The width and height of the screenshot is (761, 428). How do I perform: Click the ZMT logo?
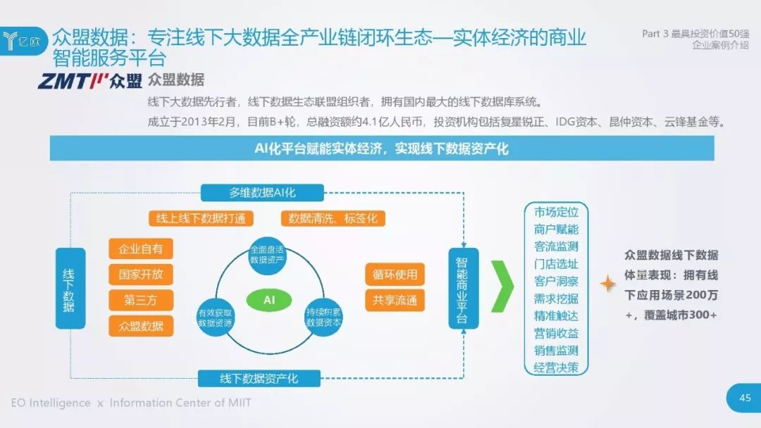90,82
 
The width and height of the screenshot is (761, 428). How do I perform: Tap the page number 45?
744,398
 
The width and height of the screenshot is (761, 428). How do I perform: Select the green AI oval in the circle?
268,300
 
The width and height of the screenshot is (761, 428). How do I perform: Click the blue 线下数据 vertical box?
70,288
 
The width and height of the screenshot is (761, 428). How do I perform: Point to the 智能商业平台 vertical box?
463,288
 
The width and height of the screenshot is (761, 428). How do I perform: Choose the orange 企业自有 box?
141,248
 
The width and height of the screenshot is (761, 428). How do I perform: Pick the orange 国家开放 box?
141,274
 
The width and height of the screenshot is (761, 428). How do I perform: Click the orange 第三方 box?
141,300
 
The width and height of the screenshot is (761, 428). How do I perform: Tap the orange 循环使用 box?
395,275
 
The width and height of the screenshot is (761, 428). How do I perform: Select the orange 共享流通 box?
395,301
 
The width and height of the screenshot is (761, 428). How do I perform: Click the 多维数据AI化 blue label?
262,193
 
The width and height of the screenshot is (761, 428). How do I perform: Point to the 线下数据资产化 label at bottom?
259,378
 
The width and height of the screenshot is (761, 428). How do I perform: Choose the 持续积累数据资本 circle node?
323,316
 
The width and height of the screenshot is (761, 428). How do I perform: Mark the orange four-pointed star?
607,283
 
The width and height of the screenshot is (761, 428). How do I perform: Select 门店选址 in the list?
556,264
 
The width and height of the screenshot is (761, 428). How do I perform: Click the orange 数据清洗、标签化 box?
333,218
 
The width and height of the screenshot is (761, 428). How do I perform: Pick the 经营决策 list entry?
556,367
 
